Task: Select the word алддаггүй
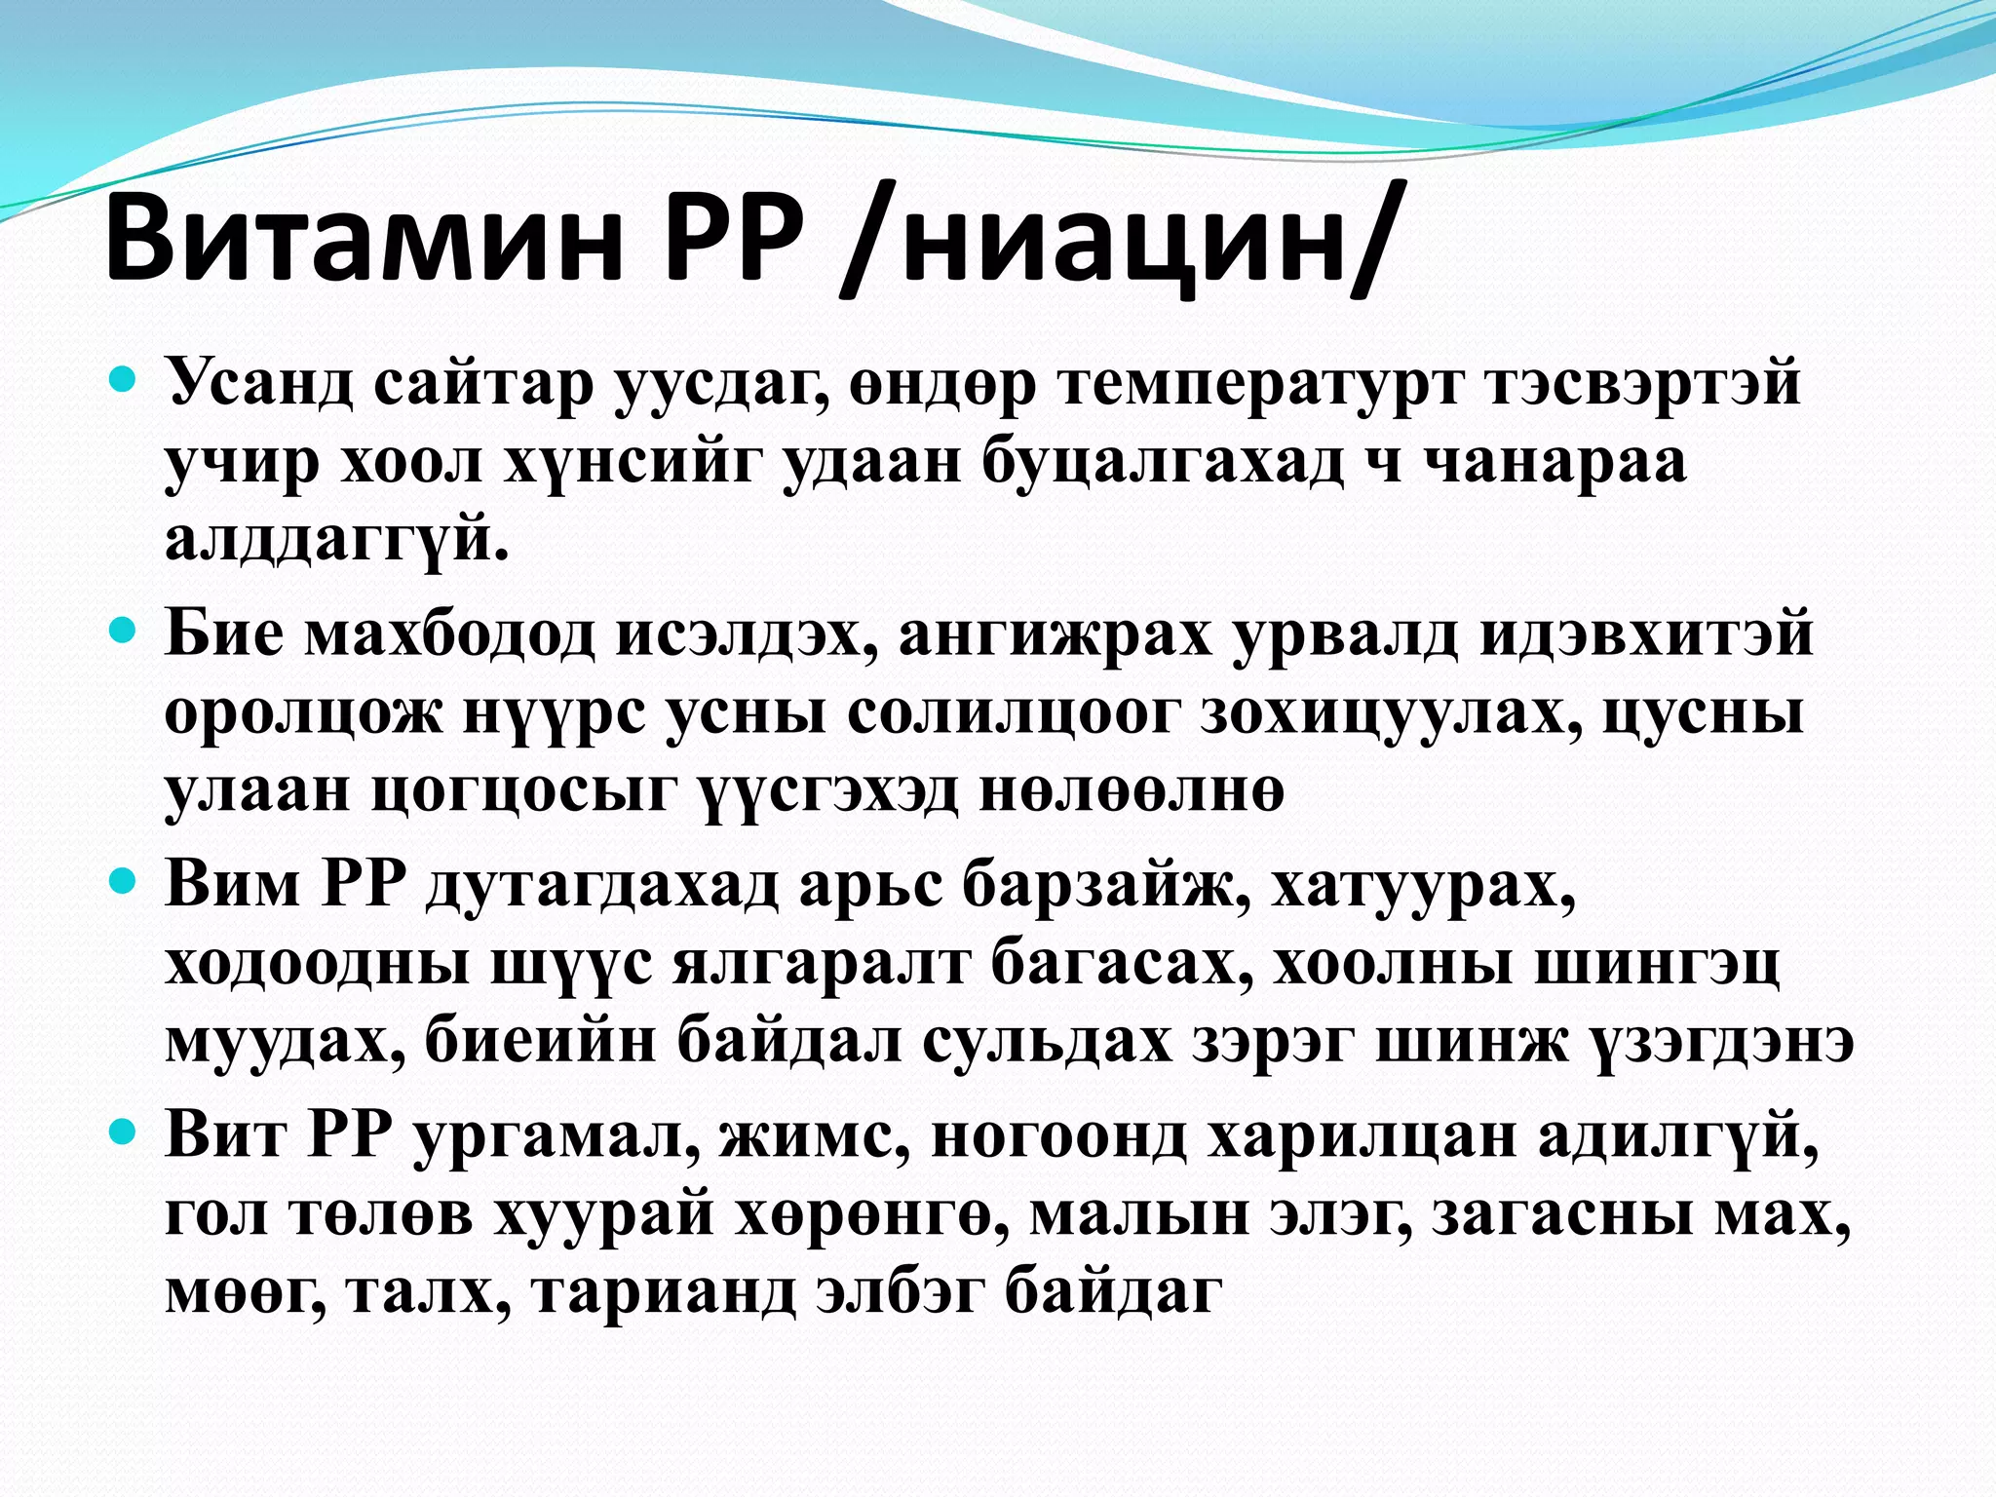click(x=337, y=541)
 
